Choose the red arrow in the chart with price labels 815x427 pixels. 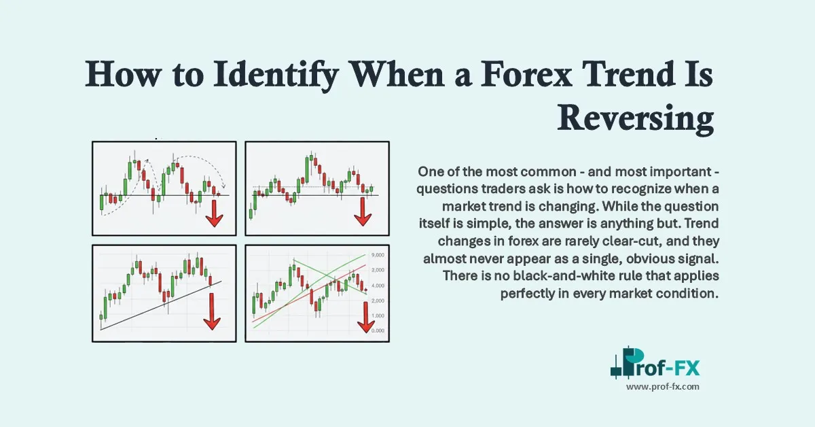(x=366, y=318)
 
